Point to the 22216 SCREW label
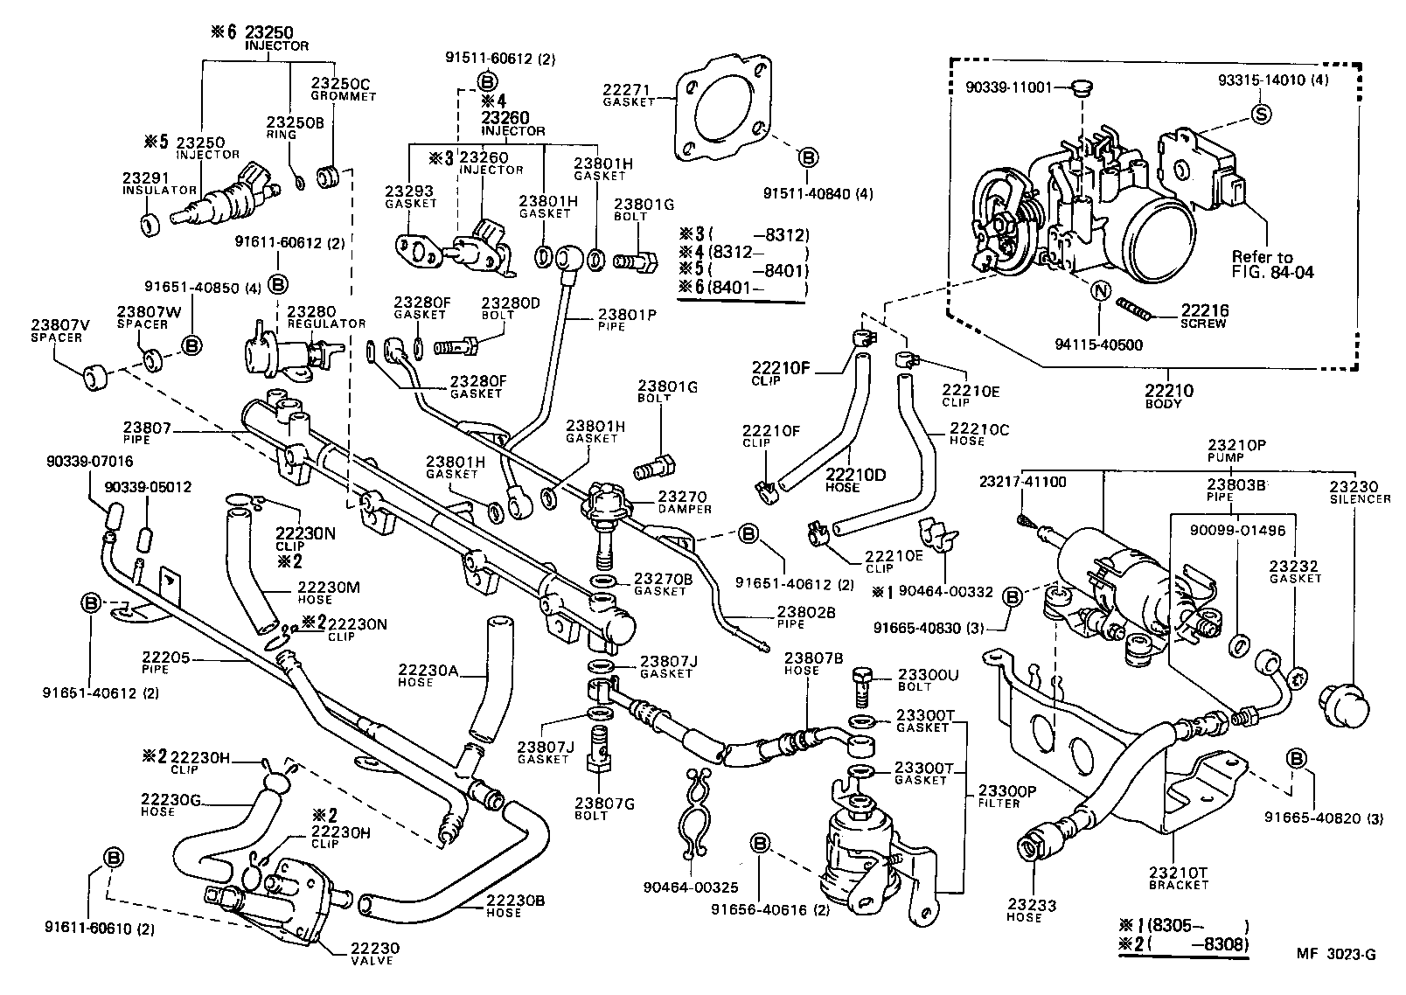point(1205,315)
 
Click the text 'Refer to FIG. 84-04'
point(1272,264)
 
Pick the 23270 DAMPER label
point(686,501)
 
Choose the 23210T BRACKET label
point(1178,877)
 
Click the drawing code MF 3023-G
point(1334,955)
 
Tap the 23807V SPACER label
point(54,330)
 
